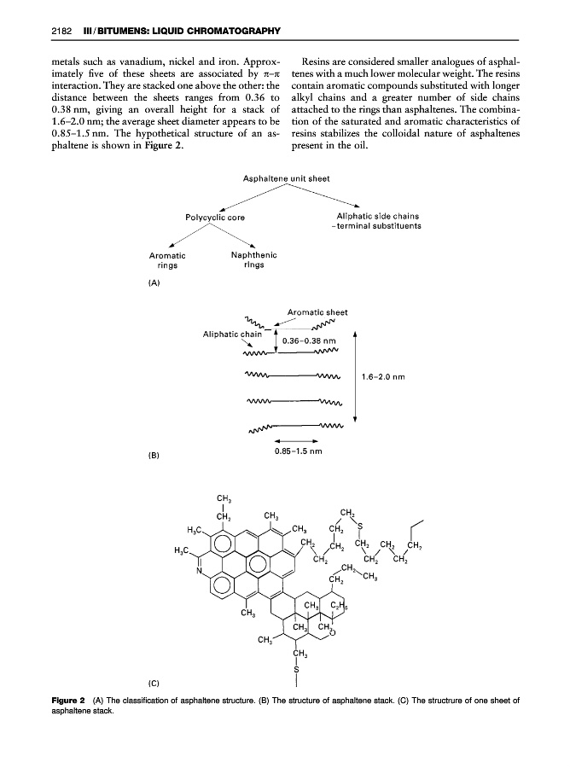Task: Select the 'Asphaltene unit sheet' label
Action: (x=284, y=178)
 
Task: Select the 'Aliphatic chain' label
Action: (x=231, y=334)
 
